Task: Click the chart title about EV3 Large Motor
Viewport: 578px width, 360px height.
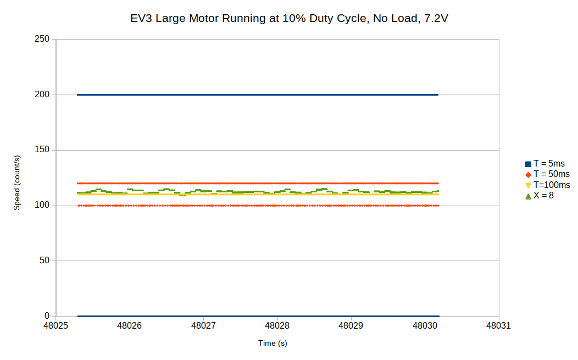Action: pos(289,19)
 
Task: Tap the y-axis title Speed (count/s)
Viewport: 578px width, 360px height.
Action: pos(17,183)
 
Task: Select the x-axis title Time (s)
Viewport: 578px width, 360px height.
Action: pos(273,343)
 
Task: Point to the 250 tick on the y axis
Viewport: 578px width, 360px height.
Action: pos(43,39)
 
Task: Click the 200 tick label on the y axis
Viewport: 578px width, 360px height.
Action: pos(43,95)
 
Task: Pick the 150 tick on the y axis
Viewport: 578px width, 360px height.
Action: pos(43,150)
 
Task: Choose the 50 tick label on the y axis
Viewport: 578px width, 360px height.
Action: pos(45,261)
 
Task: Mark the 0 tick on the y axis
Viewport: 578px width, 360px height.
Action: pos(47,316)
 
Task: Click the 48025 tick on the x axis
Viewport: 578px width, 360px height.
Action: pos(55,326)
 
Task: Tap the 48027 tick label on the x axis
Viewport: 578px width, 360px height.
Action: pos(203,326)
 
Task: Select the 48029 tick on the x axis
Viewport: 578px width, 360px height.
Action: pos(351,326)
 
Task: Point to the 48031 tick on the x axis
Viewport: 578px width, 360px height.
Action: pos(498,326)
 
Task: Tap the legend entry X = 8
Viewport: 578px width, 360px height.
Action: pos(543,195)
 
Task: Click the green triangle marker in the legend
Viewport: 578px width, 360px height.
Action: pos(528,196)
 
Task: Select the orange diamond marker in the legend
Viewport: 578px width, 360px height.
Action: pos(528,174)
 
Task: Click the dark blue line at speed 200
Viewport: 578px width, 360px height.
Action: pos(258,95)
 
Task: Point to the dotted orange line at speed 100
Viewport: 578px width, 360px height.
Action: pos(258,206)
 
